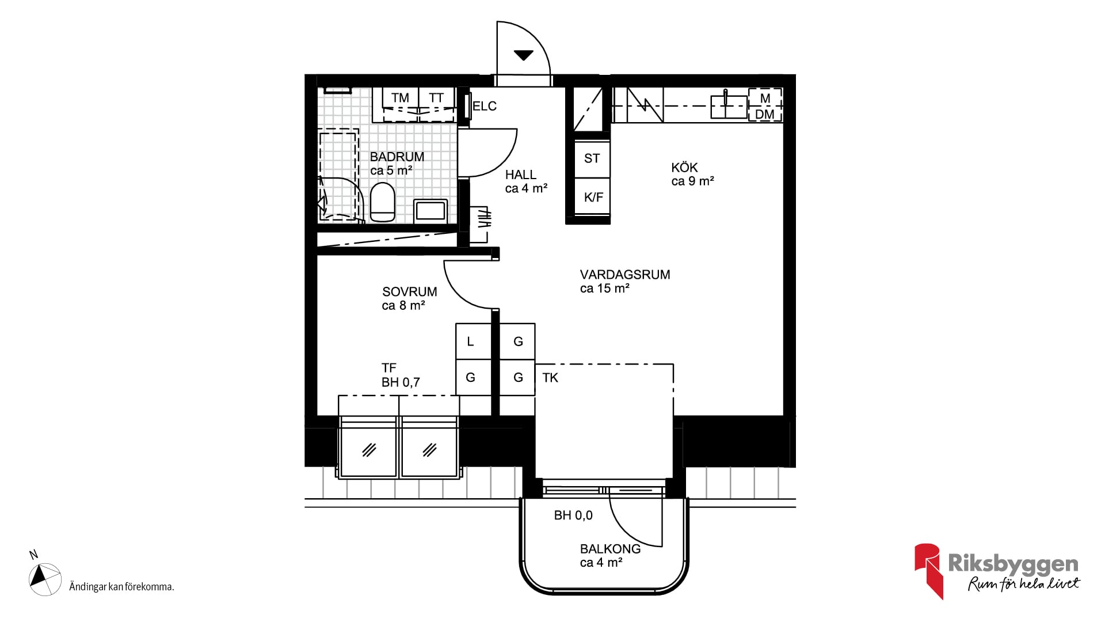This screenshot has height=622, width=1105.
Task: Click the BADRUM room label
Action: pyautogui.click(x=397, y=157)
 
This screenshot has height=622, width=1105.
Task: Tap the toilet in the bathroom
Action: pyautogui.click(x=383, y=202)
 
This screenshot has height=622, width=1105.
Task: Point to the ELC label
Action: pyautogui.click(x=485, y=106)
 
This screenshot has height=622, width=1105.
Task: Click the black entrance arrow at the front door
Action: pyautogui.click(x=523, y=55)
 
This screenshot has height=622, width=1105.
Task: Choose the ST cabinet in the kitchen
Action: pyautogui.click(x=592, y=158)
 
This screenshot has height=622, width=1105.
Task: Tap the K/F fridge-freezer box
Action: pyautogui.click(x=593, y=197)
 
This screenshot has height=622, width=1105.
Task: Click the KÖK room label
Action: pyautogui.click(x=684, y=168)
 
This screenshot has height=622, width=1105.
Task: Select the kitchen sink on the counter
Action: pyautogui.click(x=729, y=106)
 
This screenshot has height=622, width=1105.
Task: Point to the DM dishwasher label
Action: pyautogui.click(x=765, y=115)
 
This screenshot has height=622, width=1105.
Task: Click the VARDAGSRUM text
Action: pyautogui.click(x=625, y=275)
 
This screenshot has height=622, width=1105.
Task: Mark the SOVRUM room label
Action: pyautogui.click(x=410, y=292)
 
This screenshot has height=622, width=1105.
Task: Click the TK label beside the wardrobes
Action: pyautogui.click(x=550, y=378)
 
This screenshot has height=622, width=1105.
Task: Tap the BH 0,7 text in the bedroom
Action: pyautogui.click(x=401, y=382)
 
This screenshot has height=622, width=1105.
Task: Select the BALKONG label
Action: pyautogui.click(x=610, y=549)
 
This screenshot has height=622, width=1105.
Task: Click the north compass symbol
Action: pyautogui.click(x=45, y=578)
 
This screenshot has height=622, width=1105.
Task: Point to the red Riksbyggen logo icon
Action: pyautogui.click(x=928, y=571)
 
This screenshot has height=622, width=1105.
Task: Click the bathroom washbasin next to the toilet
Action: pyautogui.click(x=430, y=210)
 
